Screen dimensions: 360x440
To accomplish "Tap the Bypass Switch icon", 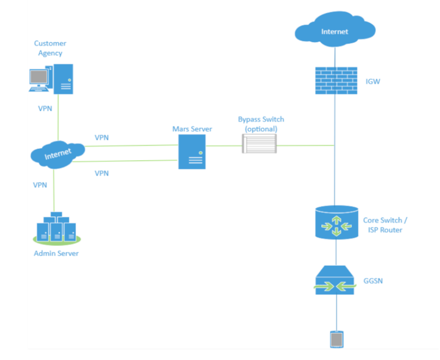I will coord(259,144).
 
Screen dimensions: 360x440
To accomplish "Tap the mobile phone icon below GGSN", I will coord(336,340).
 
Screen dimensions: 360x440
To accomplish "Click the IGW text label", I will coord(372,81).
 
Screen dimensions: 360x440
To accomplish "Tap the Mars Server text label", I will coord(191,129).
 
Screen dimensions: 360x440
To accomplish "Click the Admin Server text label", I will coord(56,253).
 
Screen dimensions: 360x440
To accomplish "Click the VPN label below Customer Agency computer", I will coord(45,108).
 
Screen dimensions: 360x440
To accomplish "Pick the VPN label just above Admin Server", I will coord(41,185).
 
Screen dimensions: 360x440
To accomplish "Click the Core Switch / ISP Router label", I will coord(385,225).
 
